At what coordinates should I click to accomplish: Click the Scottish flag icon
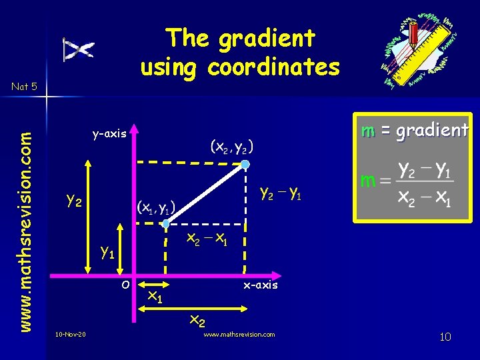79,49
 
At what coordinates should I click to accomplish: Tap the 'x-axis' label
261,285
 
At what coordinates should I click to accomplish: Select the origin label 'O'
125,285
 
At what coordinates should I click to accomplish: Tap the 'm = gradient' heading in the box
414,131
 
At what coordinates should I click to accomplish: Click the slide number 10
445,337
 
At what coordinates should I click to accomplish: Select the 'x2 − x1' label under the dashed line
208,239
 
